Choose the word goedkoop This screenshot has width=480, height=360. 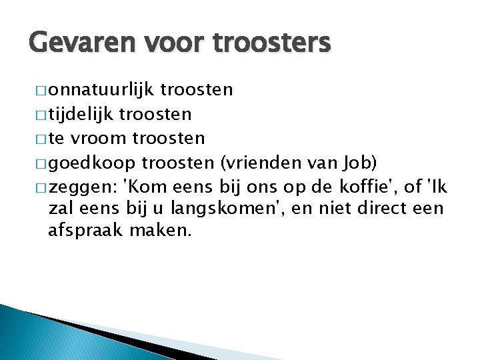(x=92, y=162)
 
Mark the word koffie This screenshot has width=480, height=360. (x=376, y=185)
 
